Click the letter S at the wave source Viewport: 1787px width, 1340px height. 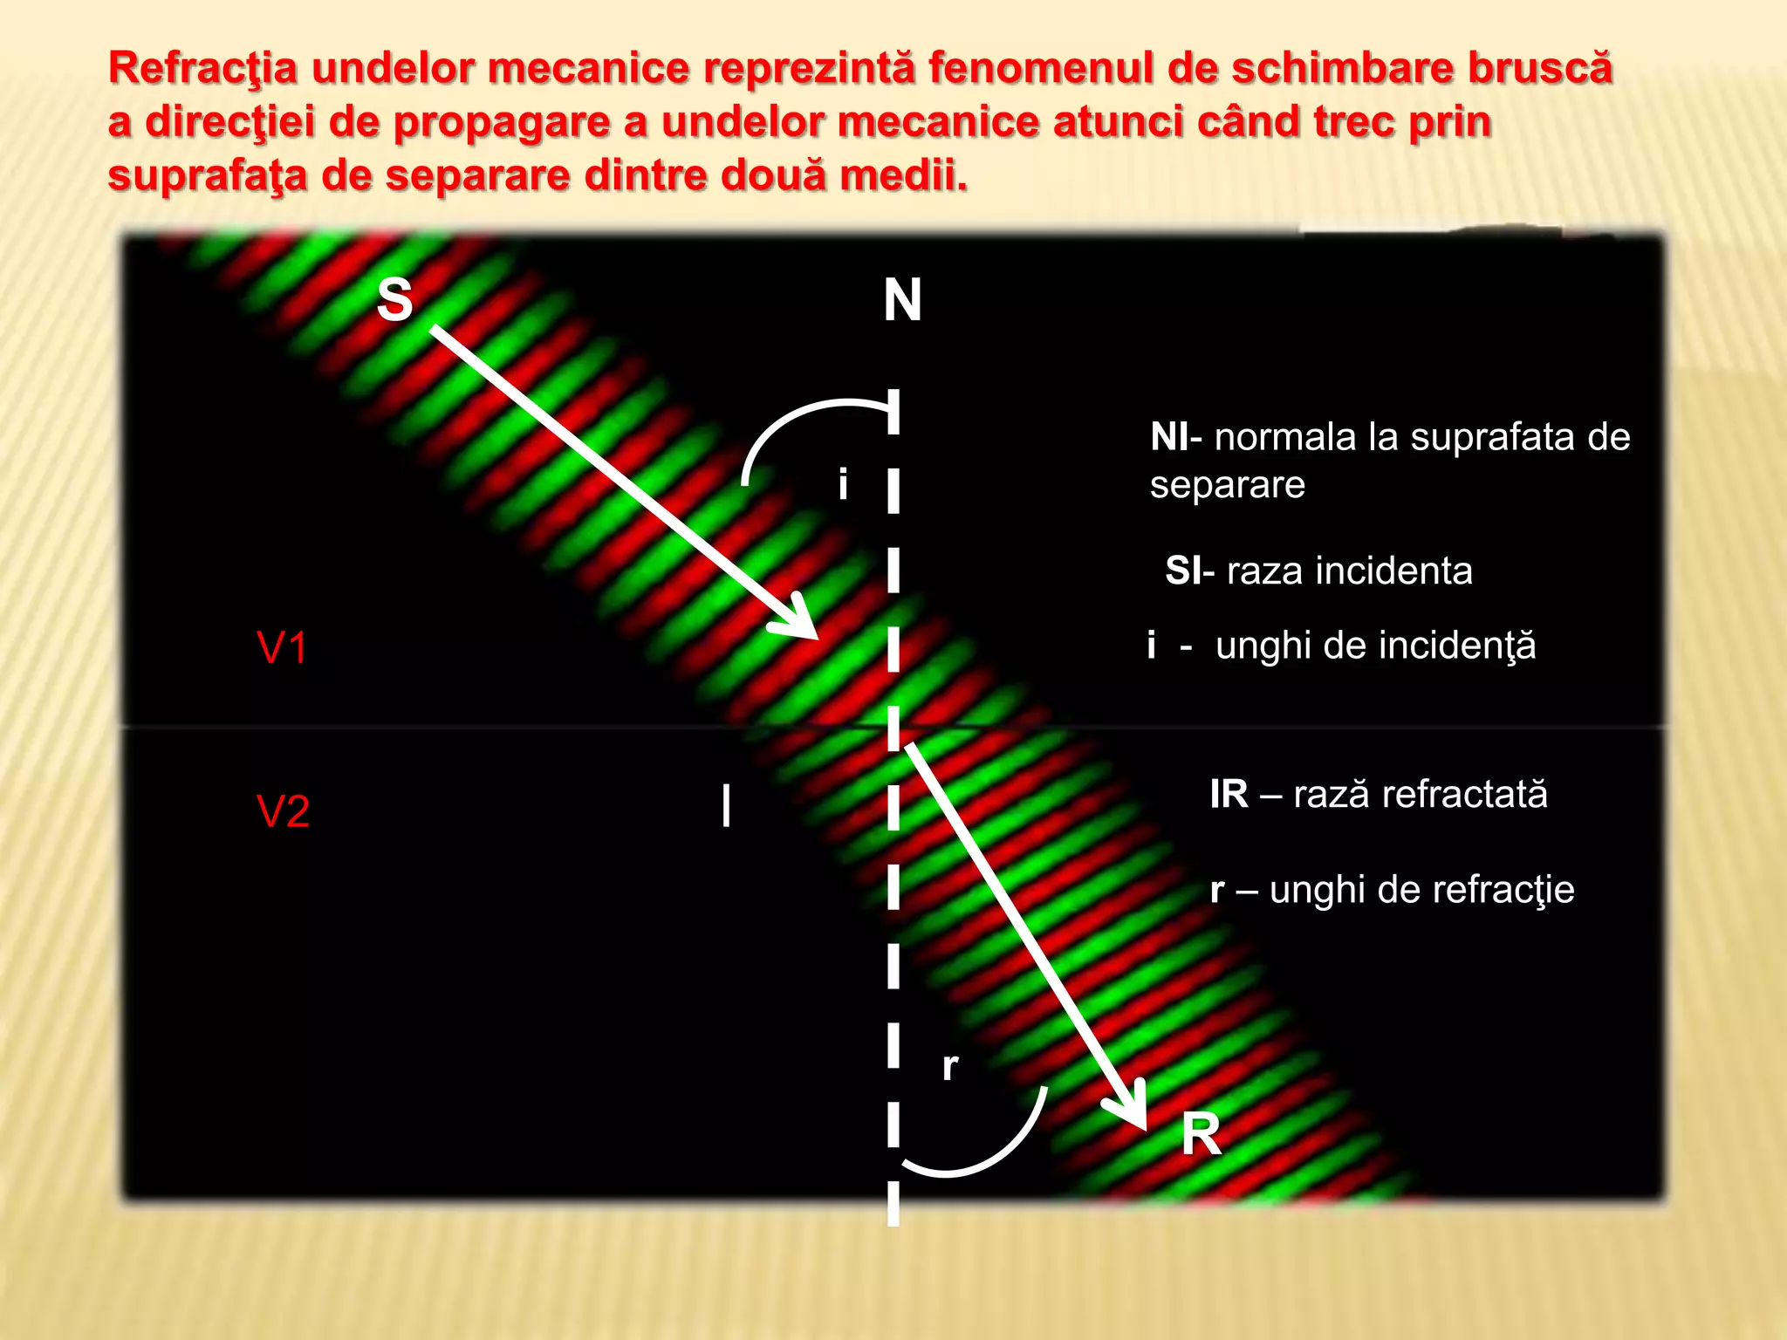pyautogui.click(x=394, y=300)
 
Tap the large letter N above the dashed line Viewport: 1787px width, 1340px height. pyautogui.click(x=902, y=300)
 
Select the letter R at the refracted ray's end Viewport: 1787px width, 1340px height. pyautogui.click(x=1201, y=1135)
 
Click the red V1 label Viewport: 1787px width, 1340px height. pyautogui.click(x=282, y=648)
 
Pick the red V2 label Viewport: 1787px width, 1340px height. pyautogui.click(x=283, y=811)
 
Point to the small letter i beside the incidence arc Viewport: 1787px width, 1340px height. pyautogui.click(x=842, y=484)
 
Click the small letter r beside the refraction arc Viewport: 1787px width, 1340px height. pyautogui.click(x=950, y=1066)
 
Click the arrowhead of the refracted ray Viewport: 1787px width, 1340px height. pyautogui.click(x=1133, y=1111)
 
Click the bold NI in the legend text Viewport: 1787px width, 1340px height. pyautogui.click(x=1169, y=437)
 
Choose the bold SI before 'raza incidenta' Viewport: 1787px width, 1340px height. pyautogui.click(x=1183, y=571)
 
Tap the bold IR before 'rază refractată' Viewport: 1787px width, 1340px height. pyautogui.click(x=1229, y=795)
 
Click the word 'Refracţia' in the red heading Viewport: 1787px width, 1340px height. pyautogui.click(x=202, y=68)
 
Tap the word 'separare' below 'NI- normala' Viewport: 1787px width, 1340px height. pyautogui.click(x=1227, y=485)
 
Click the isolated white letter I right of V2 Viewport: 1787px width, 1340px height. pyautogui.click(x=726, y=805)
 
